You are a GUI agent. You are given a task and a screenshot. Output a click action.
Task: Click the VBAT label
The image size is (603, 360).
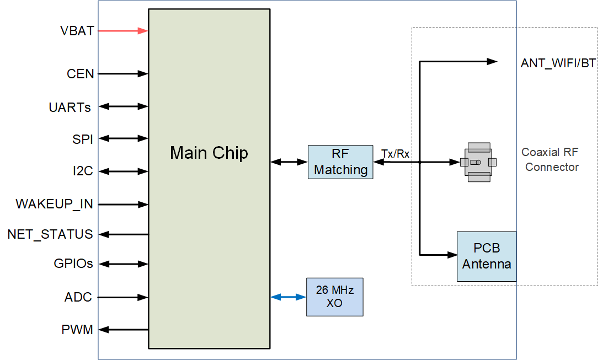coord(77,31)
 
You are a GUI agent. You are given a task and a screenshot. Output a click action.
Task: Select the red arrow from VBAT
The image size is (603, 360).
coord(123,31)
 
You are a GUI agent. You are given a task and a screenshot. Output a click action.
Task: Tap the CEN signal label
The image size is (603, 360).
coord(81,73)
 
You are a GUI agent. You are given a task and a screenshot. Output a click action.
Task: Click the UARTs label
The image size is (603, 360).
coord(70,107)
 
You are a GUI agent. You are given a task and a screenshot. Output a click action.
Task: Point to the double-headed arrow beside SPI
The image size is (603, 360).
coord(123,138)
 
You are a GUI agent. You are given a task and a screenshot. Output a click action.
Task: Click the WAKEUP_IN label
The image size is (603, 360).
coord(54,204)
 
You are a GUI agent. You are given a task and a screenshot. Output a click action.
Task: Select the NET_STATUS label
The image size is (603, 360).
coord(50,234)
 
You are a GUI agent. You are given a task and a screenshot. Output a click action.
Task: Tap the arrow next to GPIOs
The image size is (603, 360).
coord(123,264)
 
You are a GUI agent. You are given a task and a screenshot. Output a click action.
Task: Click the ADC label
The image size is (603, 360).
coord(78,298)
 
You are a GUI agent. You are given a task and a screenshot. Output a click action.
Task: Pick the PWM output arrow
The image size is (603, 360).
coord(123,330)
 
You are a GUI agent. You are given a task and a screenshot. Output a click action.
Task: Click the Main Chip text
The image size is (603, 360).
coord(209,153)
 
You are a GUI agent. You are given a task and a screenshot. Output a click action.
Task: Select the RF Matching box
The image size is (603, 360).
coord(340,162)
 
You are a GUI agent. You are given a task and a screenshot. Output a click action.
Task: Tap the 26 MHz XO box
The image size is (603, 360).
coord(335,297)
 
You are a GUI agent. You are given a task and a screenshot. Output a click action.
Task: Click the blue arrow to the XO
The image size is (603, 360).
coord(288,297)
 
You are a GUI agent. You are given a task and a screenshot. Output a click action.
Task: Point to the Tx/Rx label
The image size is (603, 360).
coord(395,153)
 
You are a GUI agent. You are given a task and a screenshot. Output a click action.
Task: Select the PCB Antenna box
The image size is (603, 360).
coord(487,256)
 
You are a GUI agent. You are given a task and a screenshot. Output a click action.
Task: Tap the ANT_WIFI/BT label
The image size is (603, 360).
coord(558,63)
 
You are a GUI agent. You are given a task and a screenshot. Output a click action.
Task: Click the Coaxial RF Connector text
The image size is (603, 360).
coord(551,160)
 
